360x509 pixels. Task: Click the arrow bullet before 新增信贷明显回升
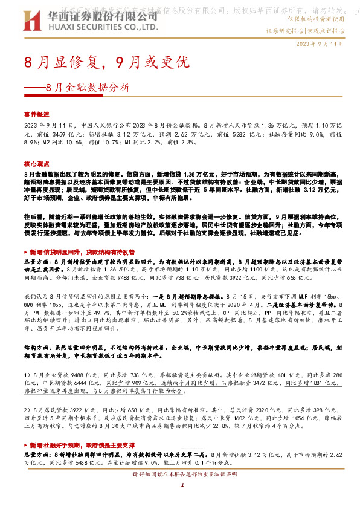tap(27, 250)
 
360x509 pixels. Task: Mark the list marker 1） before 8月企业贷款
tap(28, 375)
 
